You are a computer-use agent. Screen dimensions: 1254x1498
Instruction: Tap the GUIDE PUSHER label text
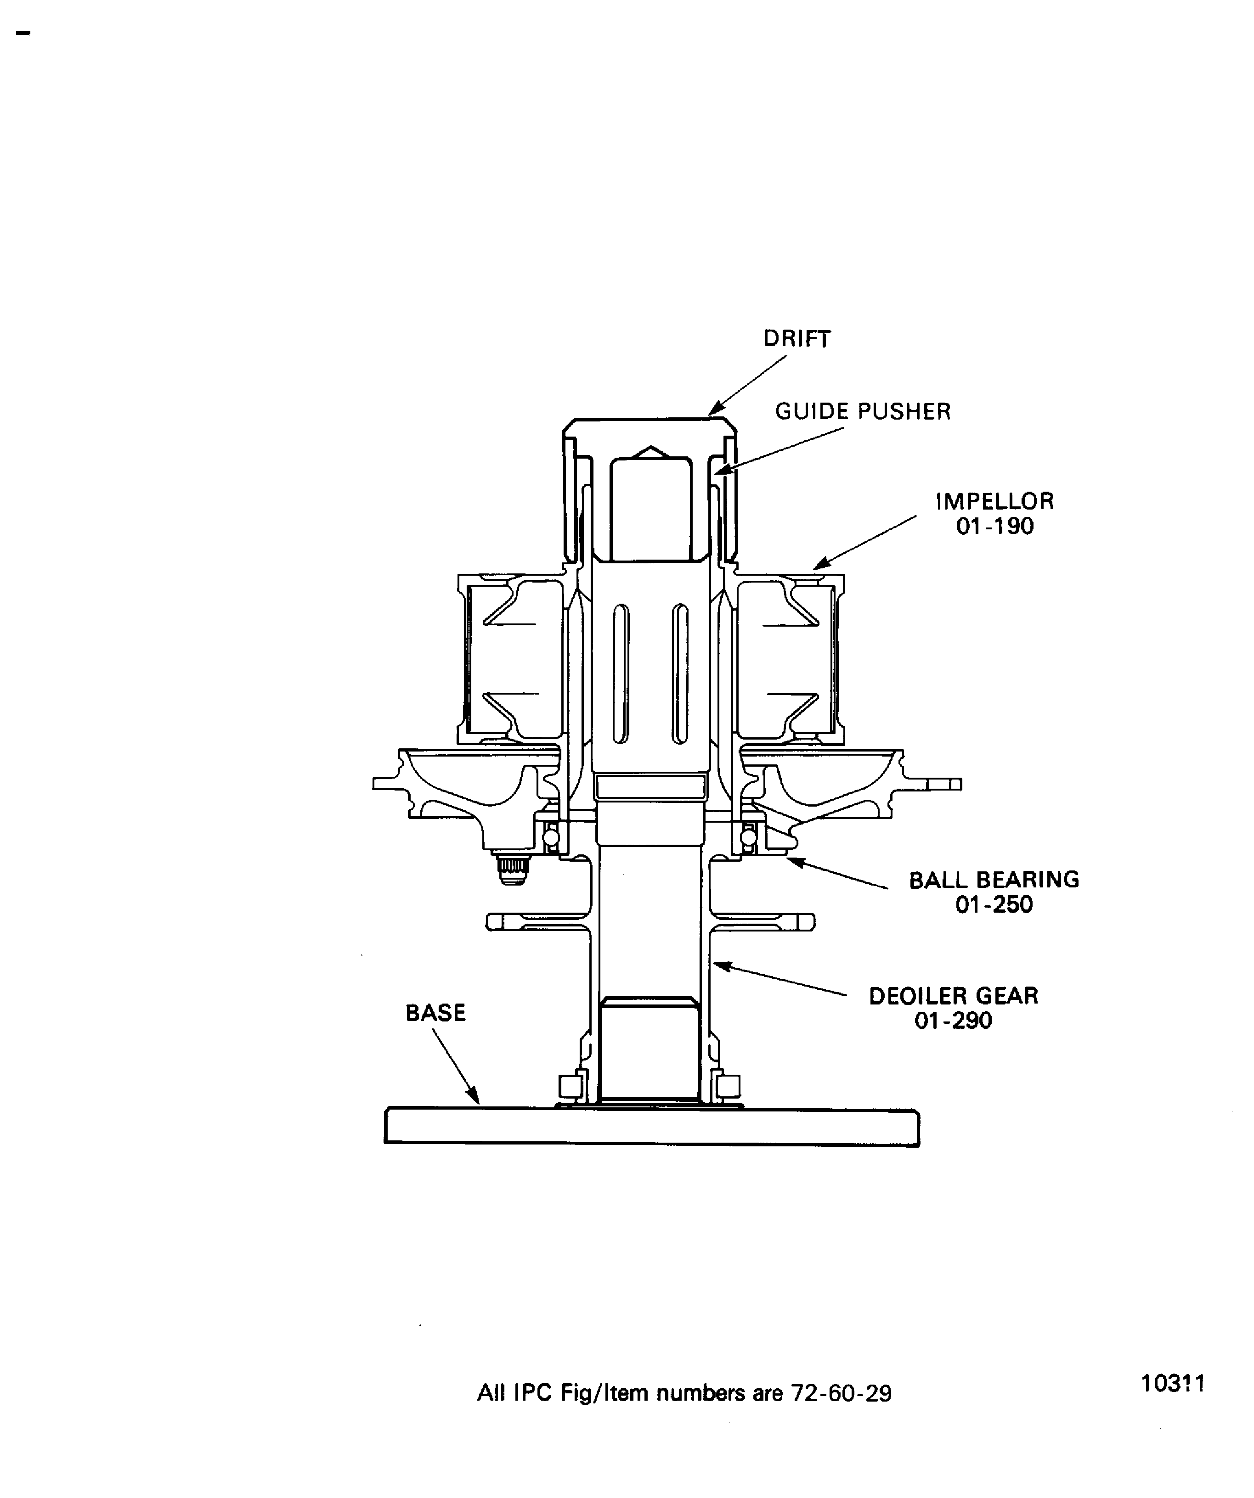click(x=863, y=412)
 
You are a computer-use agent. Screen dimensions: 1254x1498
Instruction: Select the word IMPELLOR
click(x=994, y=501)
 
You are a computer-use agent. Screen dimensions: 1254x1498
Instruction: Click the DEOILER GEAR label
click(x=953, y=996)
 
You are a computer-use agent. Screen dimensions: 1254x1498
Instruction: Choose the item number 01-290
click(x=953, y=1021)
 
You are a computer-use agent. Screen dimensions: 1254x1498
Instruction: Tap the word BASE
click(x=435, y=1013)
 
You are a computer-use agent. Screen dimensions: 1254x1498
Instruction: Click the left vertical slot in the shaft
click(x=621, y=673)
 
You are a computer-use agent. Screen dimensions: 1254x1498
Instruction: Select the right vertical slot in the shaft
click(x=680, y=673)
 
